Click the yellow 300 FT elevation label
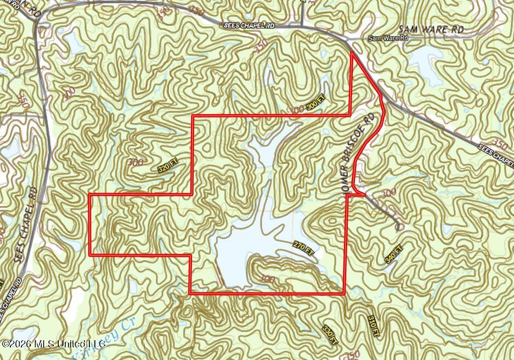316,103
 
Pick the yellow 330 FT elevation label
330,334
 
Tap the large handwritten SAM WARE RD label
430,29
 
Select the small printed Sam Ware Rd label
388,38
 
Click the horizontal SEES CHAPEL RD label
248,25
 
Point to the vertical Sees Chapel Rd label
27,225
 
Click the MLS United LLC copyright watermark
54,344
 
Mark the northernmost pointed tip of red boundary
352,53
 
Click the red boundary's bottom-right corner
344,294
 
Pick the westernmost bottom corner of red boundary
90,255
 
